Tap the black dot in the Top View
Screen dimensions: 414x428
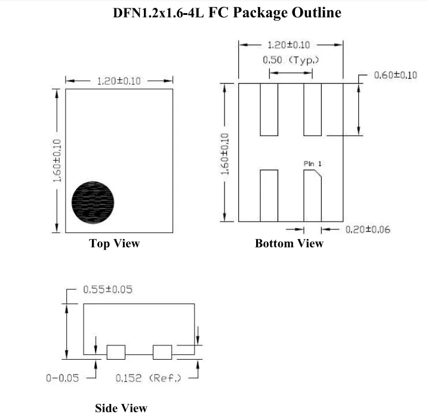pyautogui.click(x=93, y=201)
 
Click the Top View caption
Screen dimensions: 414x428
pyautogui.click(x=114, y=243)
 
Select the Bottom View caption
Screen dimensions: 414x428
pyautogui.click(x=289, y=243)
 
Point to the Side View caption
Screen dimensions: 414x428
pyautogui.click(x=121, y=408)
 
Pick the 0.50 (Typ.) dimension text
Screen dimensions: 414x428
pyautogui.click(x=291, y=60)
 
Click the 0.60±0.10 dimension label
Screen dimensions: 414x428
pyautogui.click(x=395, y=75)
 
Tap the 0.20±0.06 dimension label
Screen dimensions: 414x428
pyautogui.click(x=368, y=230)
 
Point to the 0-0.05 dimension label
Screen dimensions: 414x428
pyautogui.click(x=63, y=378)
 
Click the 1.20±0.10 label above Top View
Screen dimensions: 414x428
pyautogui.click(x=119, y=81)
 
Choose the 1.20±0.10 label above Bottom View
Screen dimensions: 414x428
pyautogui.click(x=291, y=45)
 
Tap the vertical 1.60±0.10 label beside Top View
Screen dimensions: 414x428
pyautogui.click(x=57, y=161)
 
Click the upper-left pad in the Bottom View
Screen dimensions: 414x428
pyautogui.click(x=269, y=109)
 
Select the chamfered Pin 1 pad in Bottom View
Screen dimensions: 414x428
pyautogui.click(x=312, y=195)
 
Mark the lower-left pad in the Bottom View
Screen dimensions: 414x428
pyautogui.click(x=269, y=195)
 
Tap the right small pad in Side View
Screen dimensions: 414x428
pyautogui.click(x=162, y=352)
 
